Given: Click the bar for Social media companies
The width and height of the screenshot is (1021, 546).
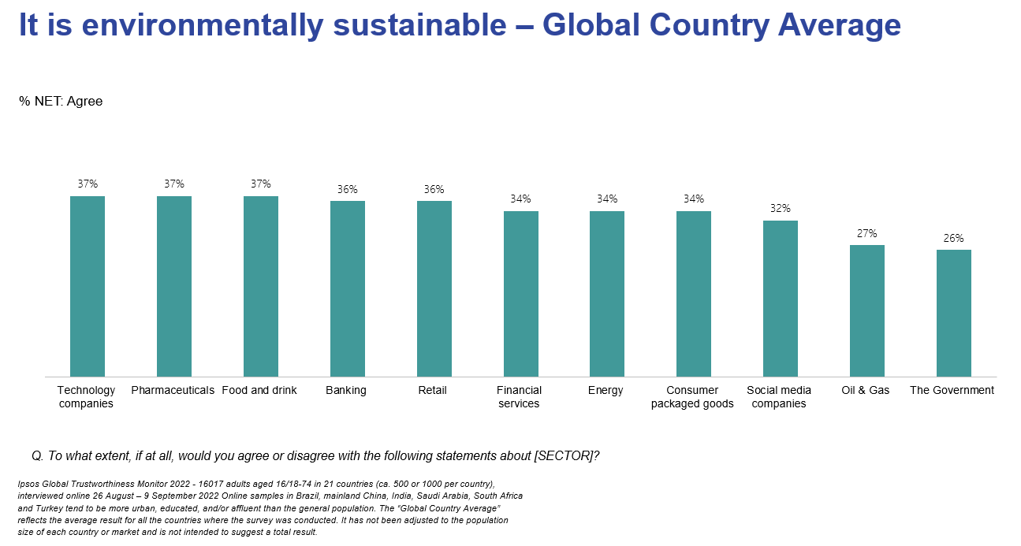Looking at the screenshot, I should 781,299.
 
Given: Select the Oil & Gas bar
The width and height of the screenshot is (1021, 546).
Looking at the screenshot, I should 867,310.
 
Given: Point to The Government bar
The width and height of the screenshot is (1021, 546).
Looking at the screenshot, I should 954,313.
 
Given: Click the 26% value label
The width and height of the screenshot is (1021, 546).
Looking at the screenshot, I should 954,238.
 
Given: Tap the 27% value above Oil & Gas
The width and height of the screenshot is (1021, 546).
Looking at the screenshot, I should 867,233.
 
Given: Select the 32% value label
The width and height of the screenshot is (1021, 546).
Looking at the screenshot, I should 781,209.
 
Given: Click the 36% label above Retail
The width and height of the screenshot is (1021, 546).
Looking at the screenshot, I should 434,189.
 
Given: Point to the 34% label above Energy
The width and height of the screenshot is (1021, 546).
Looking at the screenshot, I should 607,199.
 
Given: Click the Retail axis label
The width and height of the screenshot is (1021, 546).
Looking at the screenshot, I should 433,391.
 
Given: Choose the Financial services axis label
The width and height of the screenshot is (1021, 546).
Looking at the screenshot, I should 519,397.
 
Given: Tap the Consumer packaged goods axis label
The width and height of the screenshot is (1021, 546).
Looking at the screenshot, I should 692,397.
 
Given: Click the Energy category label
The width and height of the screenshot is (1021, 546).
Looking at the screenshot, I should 606,391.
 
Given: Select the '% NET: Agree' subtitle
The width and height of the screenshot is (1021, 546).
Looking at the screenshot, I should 61,102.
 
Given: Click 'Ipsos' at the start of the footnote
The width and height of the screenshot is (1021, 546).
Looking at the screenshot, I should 28,483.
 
